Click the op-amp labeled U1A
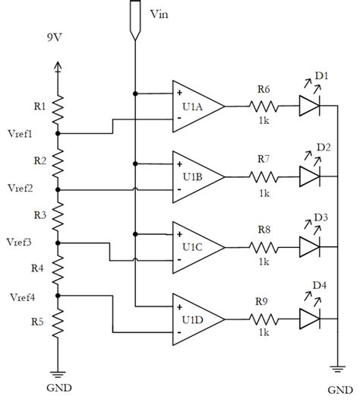click(x=196, y=106)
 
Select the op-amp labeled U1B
click(x=196, y=176)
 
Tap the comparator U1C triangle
click(x=196, y=247)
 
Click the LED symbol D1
click(x=311, y=106)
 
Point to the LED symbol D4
click(x=311, y=318)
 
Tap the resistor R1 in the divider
click(x=58, y=106)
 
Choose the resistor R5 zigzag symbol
click(x=58, y=321)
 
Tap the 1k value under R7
click(x=264, y=193)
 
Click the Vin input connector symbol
click(x=134, y=19)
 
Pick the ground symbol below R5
click(x=58, y=373)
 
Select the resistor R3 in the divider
click(x=58, y=214)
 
